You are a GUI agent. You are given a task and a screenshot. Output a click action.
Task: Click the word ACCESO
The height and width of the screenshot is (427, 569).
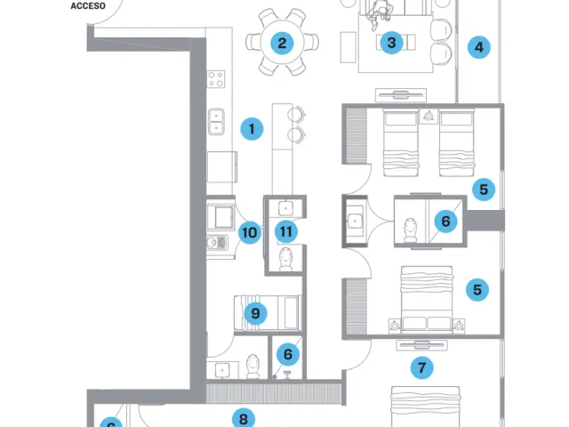point(88,6)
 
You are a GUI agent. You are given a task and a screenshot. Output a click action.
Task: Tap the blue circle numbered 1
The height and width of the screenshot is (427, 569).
point(252,128)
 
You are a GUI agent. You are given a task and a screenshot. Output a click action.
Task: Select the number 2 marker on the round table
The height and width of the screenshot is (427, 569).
point(282,44)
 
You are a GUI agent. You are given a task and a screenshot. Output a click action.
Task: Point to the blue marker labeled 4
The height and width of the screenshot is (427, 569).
point(479,47)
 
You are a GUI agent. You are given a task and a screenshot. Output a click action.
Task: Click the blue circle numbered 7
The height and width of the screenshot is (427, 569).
point(421,367)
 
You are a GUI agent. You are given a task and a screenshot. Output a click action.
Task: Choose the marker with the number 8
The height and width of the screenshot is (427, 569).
point(243,419)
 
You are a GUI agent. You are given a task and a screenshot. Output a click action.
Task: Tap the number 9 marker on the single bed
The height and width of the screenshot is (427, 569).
point(255,313)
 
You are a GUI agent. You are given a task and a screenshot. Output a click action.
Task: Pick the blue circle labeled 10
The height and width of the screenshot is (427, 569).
point(250,232)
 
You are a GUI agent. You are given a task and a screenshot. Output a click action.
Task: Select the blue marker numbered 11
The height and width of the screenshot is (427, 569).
point(286,231)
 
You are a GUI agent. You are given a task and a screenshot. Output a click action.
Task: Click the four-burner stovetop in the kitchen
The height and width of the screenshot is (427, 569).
point(216,79)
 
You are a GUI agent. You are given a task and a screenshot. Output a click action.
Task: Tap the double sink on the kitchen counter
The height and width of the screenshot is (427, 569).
point(216,122)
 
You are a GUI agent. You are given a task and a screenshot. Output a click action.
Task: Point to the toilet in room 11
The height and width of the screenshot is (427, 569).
point(286,259)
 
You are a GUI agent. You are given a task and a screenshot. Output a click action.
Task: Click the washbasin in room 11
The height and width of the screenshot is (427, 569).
point(286,208)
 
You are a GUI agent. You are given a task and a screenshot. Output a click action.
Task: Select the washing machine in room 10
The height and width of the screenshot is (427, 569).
point(221,217)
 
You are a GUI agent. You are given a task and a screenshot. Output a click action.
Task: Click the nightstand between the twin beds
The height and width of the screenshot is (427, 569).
point(429,117)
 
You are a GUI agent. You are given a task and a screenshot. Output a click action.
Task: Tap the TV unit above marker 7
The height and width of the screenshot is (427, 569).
point(421,345)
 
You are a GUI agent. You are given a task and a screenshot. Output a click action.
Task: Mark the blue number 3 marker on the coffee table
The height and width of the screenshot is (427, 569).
point(391,43)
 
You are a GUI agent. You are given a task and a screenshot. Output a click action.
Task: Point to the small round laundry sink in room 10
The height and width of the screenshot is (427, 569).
point(212,243)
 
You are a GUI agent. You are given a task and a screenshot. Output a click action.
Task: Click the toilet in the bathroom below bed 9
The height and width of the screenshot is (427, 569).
point(253,366)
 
